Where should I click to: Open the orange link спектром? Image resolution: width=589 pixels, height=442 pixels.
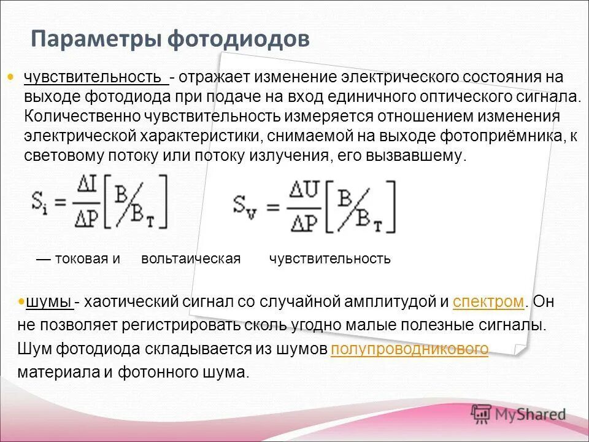pos(488,301)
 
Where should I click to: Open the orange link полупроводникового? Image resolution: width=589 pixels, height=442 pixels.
pos(409,349)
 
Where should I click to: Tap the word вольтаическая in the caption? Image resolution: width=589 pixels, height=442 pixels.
pos(191,258)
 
